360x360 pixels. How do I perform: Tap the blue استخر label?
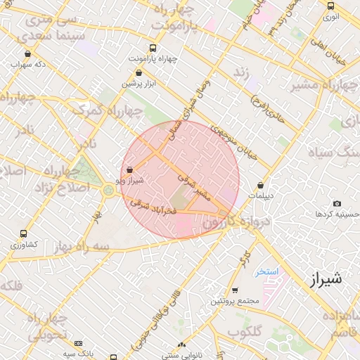coord(266,271)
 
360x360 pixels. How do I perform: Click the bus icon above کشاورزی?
coord(25,233)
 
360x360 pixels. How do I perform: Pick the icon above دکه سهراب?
coord(27,54)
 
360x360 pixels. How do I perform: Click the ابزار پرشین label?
coord(139,83)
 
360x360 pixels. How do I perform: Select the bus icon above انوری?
coord(330,6)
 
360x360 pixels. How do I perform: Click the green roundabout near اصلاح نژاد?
coord(108,189)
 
